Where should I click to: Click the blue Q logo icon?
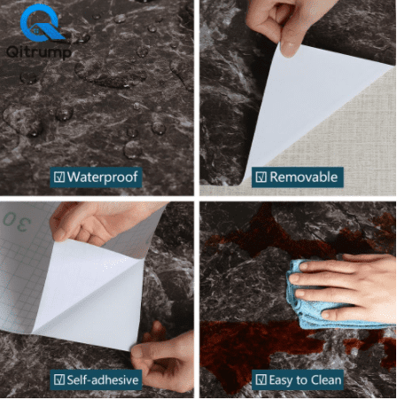(41, 23)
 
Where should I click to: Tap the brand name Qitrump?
(39, 52)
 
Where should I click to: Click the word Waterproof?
(102, 176)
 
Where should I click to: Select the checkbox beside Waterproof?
(59, 176)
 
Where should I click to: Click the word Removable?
(304, 176)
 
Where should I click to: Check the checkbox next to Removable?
(261, 176)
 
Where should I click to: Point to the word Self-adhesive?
(103, 380)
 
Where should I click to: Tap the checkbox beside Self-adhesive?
(59, 380)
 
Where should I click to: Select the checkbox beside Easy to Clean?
(261, 380)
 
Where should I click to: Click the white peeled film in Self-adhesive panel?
(89, 293)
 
